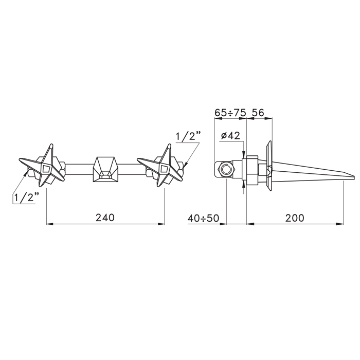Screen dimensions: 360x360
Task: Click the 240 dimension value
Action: (105, 218)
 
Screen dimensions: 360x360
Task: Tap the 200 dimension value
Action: (295, 218)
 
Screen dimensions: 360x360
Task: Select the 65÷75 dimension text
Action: (230, 113)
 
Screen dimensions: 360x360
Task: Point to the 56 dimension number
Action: (258, 113)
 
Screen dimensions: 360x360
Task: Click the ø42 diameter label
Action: (230, 136)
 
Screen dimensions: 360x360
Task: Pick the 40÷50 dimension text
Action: (204, 218)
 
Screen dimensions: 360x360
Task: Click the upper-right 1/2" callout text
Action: (188, 137)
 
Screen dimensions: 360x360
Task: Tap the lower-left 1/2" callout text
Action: (26, 197)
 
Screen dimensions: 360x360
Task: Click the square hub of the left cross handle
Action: (46, 169)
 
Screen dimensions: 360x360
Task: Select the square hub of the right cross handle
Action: (164, 169)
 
